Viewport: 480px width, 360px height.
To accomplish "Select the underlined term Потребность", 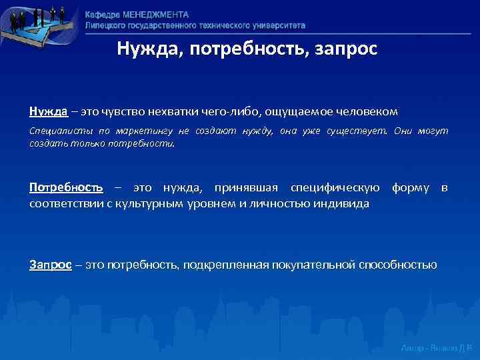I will [x=66, y=189].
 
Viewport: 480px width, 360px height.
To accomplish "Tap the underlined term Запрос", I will [x=50, y=265].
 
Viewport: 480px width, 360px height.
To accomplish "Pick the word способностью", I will [x=400, y=265].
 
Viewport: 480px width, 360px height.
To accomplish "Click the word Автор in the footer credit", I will [x=413, y=349].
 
